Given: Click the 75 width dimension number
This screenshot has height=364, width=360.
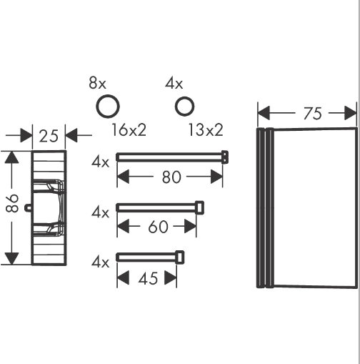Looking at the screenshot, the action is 312,114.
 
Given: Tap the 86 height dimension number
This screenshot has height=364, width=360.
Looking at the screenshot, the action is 12,203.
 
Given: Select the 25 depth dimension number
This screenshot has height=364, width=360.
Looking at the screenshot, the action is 49,136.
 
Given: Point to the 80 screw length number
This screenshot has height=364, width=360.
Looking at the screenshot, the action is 171,177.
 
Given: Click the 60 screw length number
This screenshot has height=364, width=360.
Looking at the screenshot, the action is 158,227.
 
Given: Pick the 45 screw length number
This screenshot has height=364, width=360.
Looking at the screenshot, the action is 148,278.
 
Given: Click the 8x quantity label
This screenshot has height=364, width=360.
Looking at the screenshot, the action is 97,83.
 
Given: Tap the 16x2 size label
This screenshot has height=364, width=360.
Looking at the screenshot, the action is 129,130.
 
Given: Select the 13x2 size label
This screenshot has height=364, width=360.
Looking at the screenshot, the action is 206,130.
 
